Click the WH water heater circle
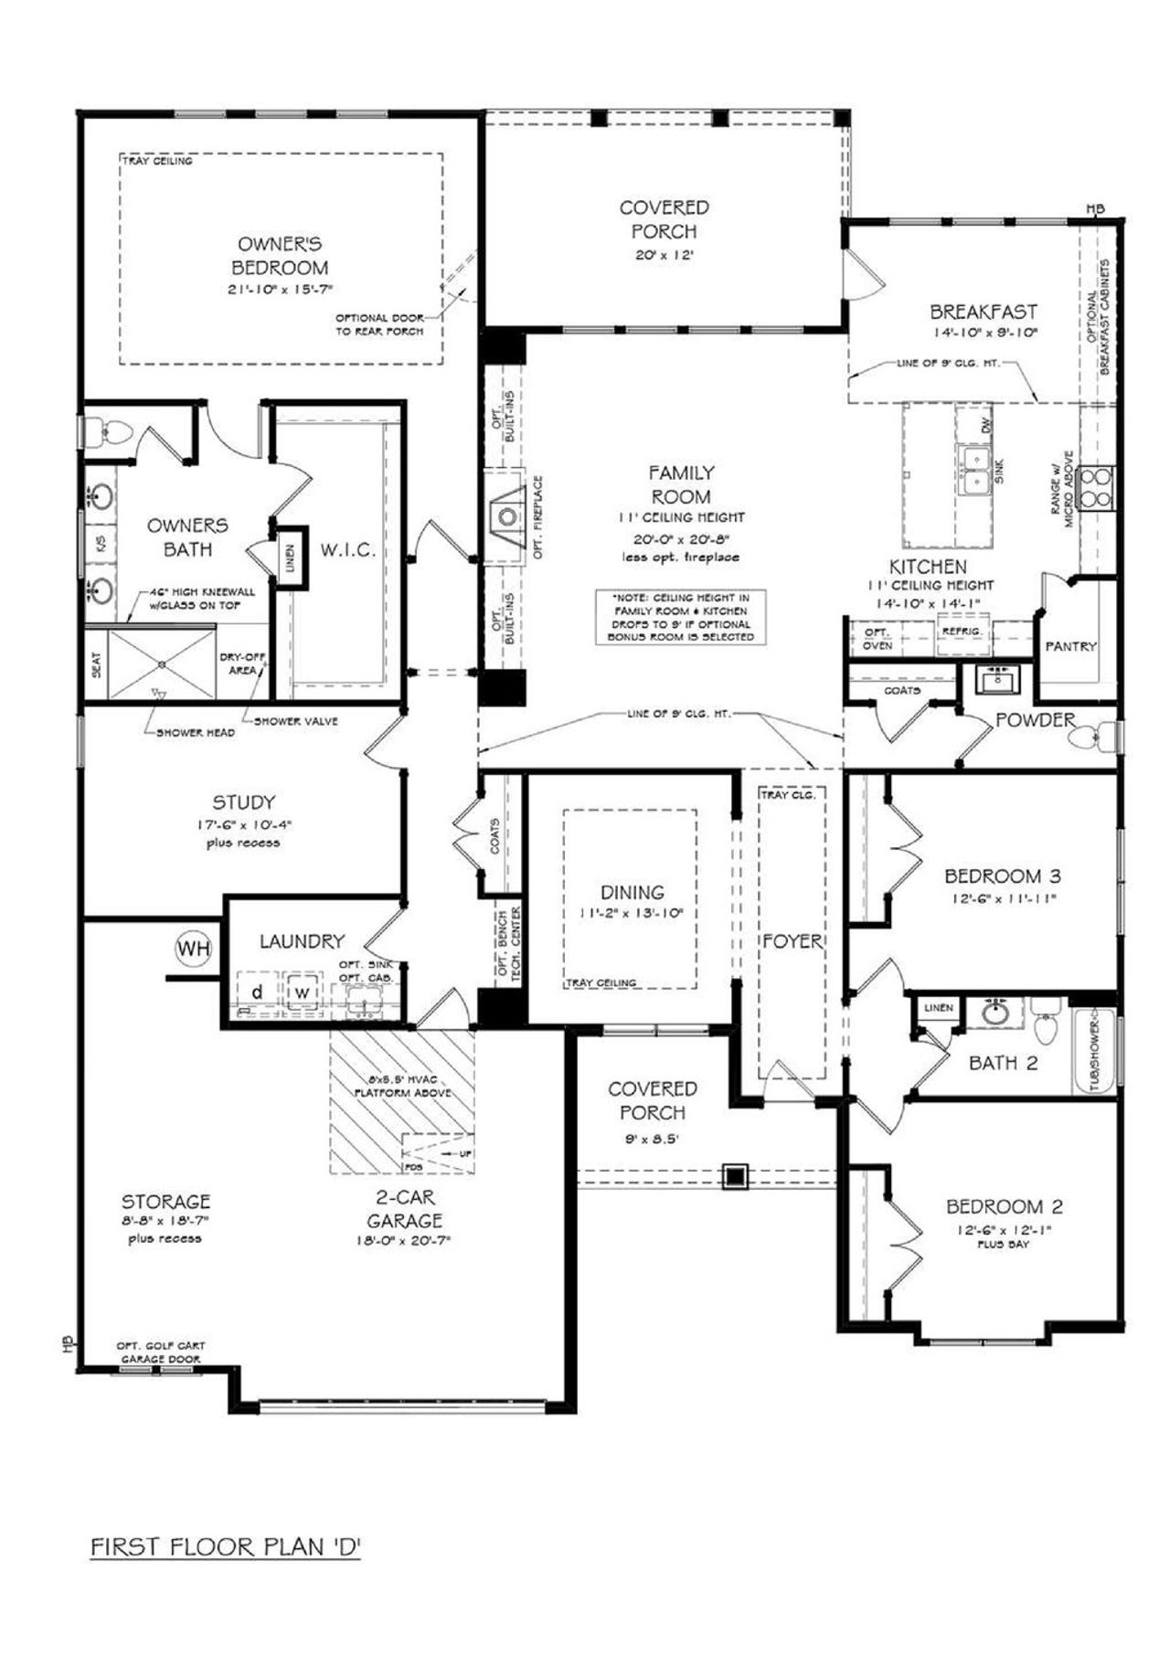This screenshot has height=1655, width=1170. [x=193, y=949]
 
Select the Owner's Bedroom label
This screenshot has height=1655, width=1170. [x=280, y=256]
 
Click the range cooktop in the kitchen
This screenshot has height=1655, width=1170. [x=1096, y=486]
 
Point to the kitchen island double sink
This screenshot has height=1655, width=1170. [x=974, y=469]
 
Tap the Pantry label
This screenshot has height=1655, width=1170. [x=1070, y=646]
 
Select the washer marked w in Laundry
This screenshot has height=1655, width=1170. [x=302, y=992]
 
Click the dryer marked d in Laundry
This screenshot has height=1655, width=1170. [x=258, y=992]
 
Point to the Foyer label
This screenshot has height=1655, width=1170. [x=792, y=941]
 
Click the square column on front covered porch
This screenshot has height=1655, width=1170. [x=735, y=1176]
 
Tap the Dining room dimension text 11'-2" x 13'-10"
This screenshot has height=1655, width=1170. [x=633, y=913]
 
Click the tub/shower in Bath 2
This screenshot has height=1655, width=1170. [x=1094, y=1051]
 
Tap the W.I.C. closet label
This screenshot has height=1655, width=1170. [x=347, y=551]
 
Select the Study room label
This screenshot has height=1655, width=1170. [x=243, y=803]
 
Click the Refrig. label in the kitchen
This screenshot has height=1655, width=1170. [x=962, y=631]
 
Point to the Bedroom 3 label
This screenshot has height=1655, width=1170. [x=1003, y=876]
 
